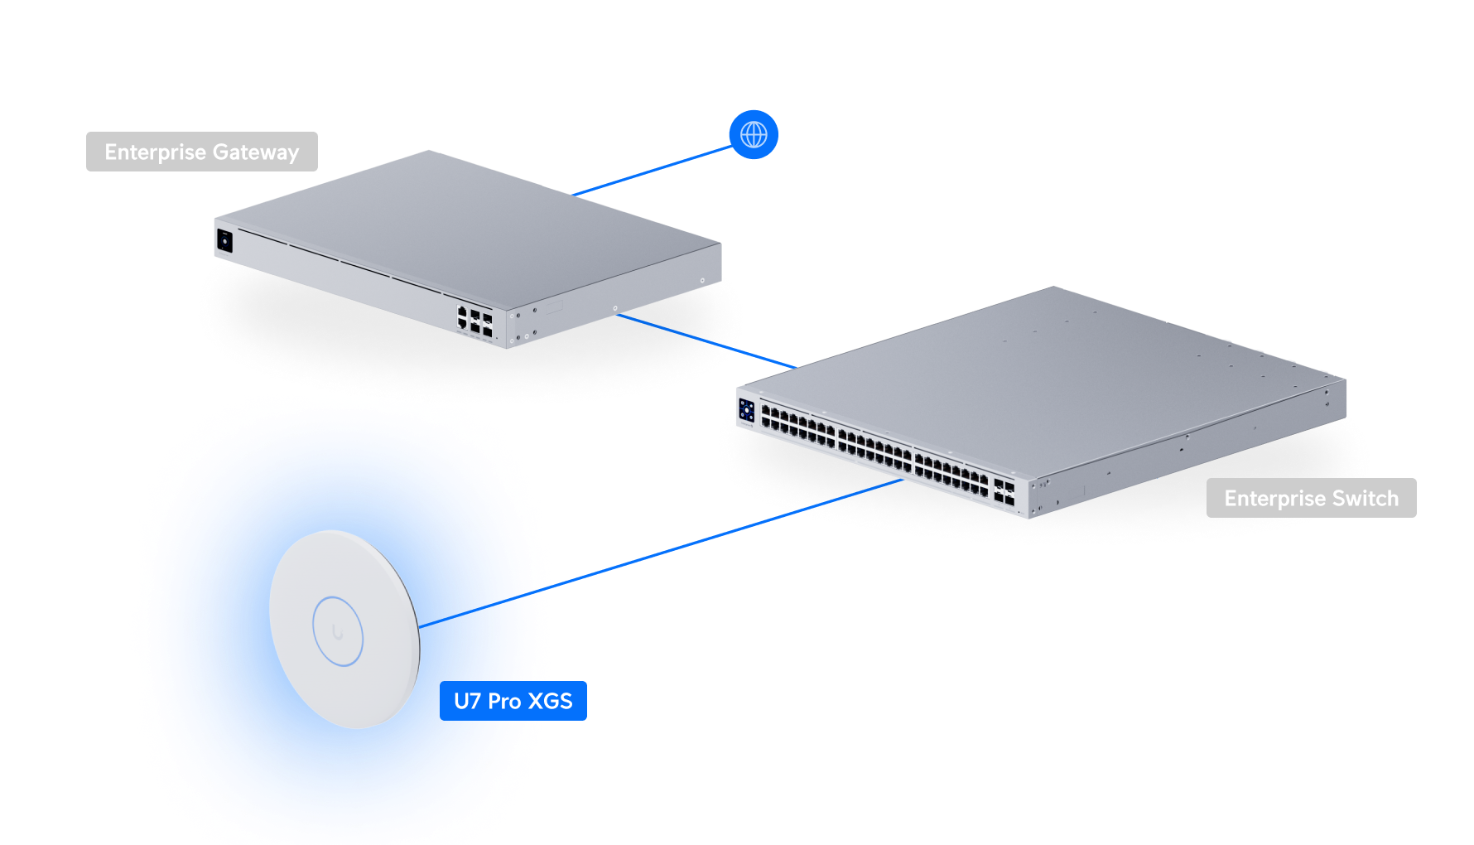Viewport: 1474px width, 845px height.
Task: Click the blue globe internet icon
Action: [x=754, y=134]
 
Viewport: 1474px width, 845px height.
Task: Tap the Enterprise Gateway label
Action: [x=201, y=152]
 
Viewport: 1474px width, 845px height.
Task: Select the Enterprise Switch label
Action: [x=1311, y=498]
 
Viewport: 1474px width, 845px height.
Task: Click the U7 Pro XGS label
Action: [x=513, y=701]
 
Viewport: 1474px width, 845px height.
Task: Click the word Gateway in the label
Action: [x=255, y=152]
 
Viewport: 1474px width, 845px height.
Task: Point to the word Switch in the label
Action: [x=1366, y=498]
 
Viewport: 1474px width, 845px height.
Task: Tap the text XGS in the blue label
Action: [x=550, y=701]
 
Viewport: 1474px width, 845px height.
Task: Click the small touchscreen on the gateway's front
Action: [x=224, y=241]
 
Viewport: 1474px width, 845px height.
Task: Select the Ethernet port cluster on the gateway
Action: [x=474, y=321]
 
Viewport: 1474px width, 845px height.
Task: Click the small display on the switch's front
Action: [x=747, y=410]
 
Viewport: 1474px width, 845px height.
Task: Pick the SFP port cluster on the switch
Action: [x=1004, y=492]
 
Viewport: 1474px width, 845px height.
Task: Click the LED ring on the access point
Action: [x=338, y=631]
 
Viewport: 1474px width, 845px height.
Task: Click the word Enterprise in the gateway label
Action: [x=155, y=152]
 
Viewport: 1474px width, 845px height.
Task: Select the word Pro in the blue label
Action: [x=503, y=701]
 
